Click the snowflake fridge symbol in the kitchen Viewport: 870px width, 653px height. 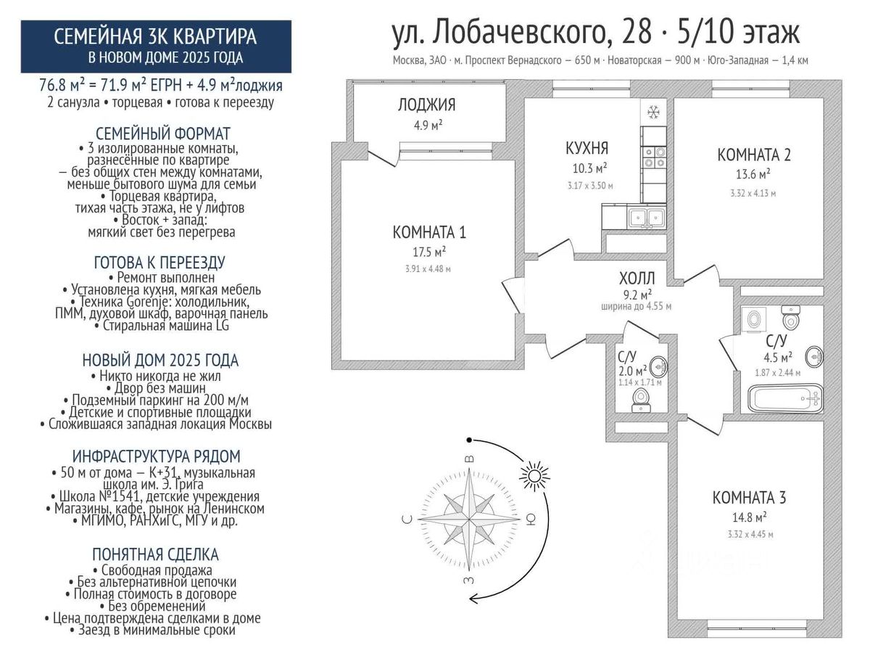tap(653, 112)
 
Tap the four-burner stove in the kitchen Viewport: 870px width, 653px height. tap(654, 157)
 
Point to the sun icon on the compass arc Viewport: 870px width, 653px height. tap(534, 475)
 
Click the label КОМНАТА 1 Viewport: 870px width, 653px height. tap(429, 232)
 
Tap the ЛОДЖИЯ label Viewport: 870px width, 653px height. tap(426, 104)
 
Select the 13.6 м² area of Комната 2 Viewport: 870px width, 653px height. tap(753, 173)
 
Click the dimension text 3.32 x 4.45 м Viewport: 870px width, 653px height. tap(750, 534)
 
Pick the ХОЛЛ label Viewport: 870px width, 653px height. tap(637, 279)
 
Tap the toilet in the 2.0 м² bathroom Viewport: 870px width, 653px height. tap(640, 400)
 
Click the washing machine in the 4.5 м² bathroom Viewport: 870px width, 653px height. tap(753, 319)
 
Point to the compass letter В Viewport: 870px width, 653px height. tap(469, 459)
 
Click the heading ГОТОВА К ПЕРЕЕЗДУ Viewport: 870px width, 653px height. tap(159, 262)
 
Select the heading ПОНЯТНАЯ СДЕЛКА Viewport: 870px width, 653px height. tap(155, 554)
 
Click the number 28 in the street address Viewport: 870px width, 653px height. tap(637, 33)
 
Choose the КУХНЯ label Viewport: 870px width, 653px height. tap(587, 148)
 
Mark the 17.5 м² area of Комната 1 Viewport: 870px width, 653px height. tap(429, 251)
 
